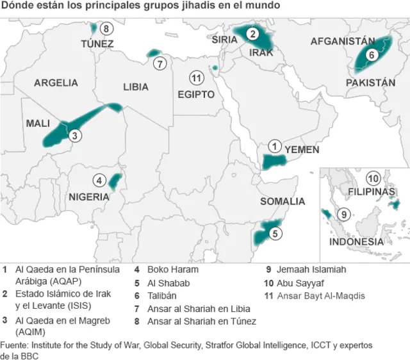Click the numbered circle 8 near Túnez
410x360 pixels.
(106, 28)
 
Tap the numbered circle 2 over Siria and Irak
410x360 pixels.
(253, 34)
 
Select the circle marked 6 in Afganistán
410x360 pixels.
(371, 56)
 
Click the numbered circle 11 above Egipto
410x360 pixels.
(197, 78)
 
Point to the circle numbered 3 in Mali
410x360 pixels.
(75, 135)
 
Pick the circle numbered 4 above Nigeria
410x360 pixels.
(99, 180)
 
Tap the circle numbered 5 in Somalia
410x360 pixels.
(275, 234)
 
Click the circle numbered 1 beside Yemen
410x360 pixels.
(275, 147)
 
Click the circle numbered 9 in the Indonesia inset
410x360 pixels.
(343, 214)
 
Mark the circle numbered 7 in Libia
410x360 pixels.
(160, 63)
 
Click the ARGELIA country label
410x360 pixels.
(56, 83)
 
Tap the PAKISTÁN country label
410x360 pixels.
(370, 83)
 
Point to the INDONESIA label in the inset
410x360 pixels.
(356, 242)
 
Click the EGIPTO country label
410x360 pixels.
(196, 94)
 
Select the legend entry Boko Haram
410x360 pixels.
(172, 270)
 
